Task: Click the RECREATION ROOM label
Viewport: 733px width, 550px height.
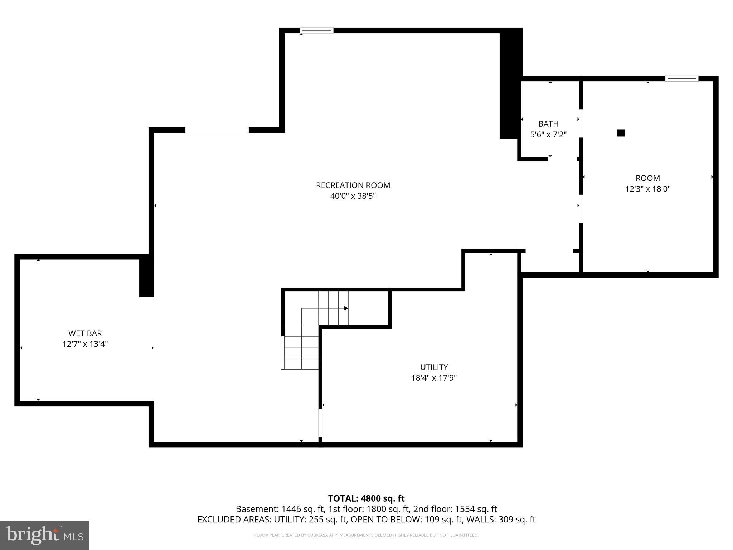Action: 353,185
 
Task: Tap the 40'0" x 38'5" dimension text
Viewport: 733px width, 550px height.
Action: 353,196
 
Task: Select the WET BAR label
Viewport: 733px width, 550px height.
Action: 85,333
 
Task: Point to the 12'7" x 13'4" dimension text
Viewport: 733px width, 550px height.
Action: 85,344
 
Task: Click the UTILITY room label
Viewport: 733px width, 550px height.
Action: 434,367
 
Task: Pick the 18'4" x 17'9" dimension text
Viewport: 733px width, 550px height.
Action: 434,378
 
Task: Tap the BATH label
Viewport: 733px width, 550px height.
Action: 548,124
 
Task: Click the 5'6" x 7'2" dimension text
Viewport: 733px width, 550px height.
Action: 548,135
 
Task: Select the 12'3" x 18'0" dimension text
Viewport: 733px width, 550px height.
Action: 647,189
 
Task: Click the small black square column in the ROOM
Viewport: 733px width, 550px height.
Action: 621,133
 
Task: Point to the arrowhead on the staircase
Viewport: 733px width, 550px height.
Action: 346,308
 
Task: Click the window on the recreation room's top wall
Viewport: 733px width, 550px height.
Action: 316,30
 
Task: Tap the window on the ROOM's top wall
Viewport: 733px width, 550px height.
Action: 681,78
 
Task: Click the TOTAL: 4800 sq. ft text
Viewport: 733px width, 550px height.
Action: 366,498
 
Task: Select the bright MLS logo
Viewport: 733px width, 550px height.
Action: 45,535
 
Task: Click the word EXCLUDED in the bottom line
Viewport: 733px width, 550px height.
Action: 219,520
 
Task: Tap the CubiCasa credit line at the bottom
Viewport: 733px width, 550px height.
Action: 366,535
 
